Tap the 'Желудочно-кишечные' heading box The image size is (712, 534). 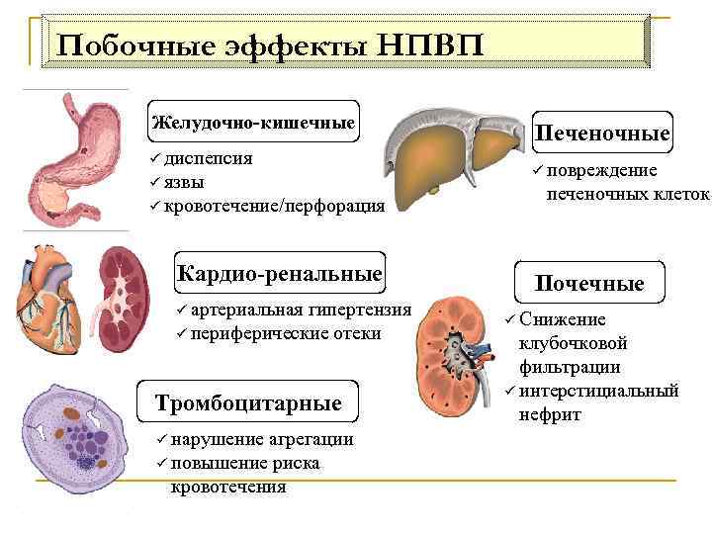pos(252,123)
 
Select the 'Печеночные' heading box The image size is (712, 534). pos(602,133)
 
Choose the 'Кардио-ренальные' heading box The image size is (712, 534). pos(279,272)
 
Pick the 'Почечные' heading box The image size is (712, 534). pos(589,283)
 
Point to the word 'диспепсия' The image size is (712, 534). pos(208,158)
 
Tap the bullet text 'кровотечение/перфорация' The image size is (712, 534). pos(274,206)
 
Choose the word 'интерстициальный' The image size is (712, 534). pos(599,391)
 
